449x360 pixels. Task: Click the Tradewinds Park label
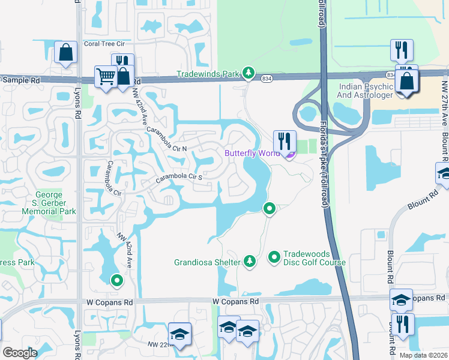(208, 74)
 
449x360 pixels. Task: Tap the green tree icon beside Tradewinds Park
(248, 73)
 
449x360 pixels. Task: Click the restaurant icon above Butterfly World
(284, 142)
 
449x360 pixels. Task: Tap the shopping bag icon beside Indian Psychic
(407, 82)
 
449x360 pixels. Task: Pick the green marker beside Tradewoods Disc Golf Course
(274, 257)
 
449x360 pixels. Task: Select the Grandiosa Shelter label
(208, 262)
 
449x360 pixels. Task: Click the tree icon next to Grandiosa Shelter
(249, 261)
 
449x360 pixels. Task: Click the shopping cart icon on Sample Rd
(106, 76)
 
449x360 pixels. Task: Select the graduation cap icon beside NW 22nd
(179, 334)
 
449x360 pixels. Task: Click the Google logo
(20, 353)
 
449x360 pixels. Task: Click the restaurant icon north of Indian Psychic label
(400, 50)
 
